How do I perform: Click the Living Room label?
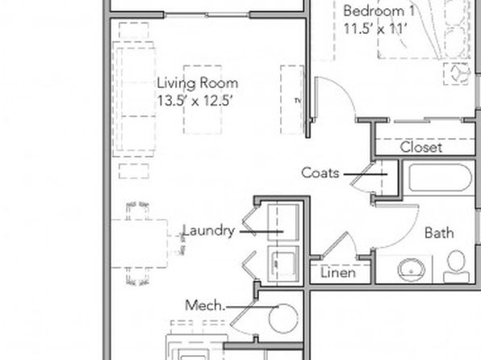point(197,83)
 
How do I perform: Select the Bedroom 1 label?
point(379,11)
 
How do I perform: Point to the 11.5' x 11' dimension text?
point(375,29)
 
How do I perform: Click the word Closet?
point(421,148)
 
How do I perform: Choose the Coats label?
point(320,173)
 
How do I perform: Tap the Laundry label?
point(209,231)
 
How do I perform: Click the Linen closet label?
point(338,273)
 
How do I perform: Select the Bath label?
point(439,233)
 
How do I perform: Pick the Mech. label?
point(205,305)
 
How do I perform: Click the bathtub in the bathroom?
point(440,178)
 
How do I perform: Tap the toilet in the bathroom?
point(456,266)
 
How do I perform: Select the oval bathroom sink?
point(412,270)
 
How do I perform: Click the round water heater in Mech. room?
point(283,319)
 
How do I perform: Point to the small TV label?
point(297,100)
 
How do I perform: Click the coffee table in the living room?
point(203,99)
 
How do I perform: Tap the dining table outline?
point(139,244)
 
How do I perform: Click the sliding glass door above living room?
point(207,15)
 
